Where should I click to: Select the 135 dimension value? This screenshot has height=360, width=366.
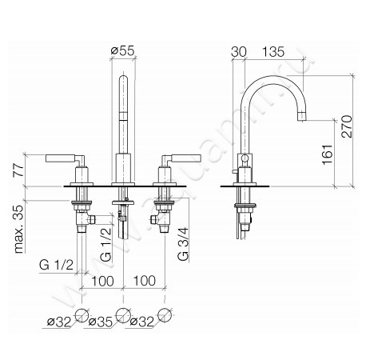coord(273,52)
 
